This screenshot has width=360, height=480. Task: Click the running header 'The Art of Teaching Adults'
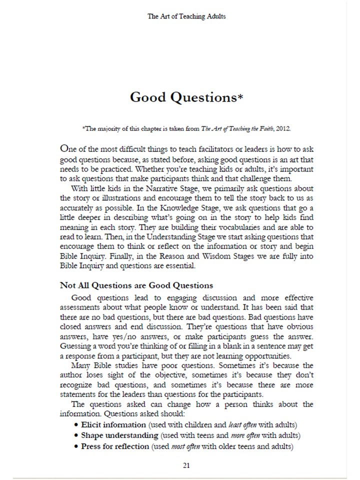(186, 16)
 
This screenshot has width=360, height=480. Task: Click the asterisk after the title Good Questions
(240, 97)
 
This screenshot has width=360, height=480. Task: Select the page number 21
(186, 465)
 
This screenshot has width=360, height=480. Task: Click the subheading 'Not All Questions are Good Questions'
(136, 285)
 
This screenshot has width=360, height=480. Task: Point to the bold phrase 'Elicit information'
(110, 425)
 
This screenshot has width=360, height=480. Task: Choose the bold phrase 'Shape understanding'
(114, 435)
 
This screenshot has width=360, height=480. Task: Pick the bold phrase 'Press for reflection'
(115, 446)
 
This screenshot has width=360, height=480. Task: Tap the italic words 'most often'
(186, 446)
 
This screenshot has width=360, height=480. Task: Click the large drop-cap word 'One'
(68, 148)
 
